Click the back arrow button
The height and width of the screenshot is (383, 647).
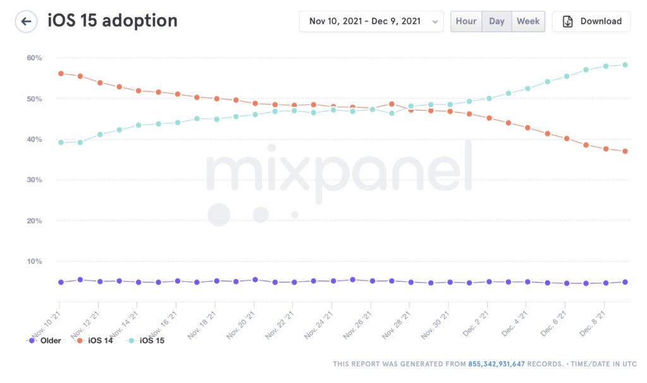pyautogui.click(x=26, y=21)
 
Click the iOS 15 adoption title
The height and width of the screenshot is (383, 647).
pyautogui.click(x=112, y=21)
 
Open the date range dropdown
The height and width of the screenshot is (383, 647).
pyautogui.click(x=371, y=21)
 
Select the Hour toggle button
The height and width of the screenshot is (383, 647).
pyautogui.click(x=466, y=21)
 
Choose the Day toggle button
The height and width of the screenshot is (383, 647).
pyautogui.click(x=497, y=21)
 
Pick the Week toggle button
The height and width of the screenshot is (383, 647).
pyautogui.click(x=528, y=21)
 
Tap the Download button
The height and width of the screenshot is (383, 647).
pyautogui.click(x=591, y=21)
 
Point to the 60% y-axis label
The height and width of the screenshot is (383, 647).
pyautogui.click(x=34, y=58)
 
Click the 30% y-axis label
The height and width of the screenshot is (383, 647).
pyautogui.click(x=34, y=180)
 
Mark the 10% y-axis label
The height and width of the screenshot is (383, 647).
pyautogui.click(x=34, y=262)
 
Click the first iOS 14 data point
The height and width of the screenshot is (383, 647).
pyautogui.click(x=61, y=73)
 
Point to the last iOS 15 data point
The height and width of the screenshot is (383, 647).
pyautogui.click(x=624, y=64)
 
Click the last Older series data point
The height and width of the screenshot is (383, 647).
pyautogui.click(x=624, y=282)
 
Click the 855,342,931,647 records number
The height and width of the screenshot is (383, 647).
pyautogui.click(x=497, y=364)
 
